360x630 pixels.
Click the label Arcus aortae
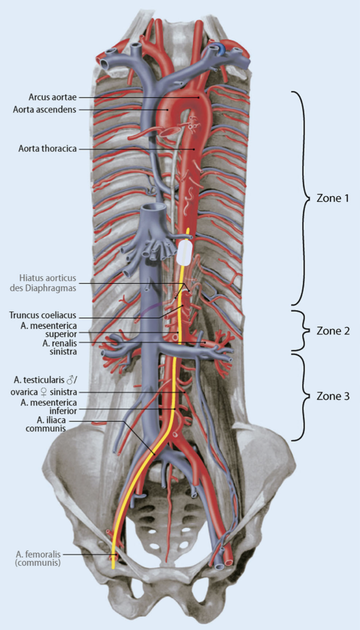tap(52, 97)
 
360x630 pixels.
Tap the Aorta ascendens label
tap(44, 109)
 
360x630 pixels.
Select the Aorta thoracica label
tap(47, 149)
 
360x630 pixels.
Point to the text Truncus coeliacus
tap(43, 315)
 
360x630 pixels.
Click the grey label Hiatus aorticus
tap(43, 283)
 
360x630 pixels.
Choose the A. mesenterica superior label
tap(49, 330)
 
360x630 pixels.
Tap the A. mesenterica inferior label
tap(49, 406)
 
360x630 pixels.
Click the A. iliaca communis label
tap(46, 424)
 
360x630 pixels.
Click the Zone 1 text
tap(333, 198)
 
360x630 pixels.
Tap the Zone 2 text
tap(333, 331)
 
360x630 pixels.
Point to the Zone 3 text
tap(333, 396)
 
